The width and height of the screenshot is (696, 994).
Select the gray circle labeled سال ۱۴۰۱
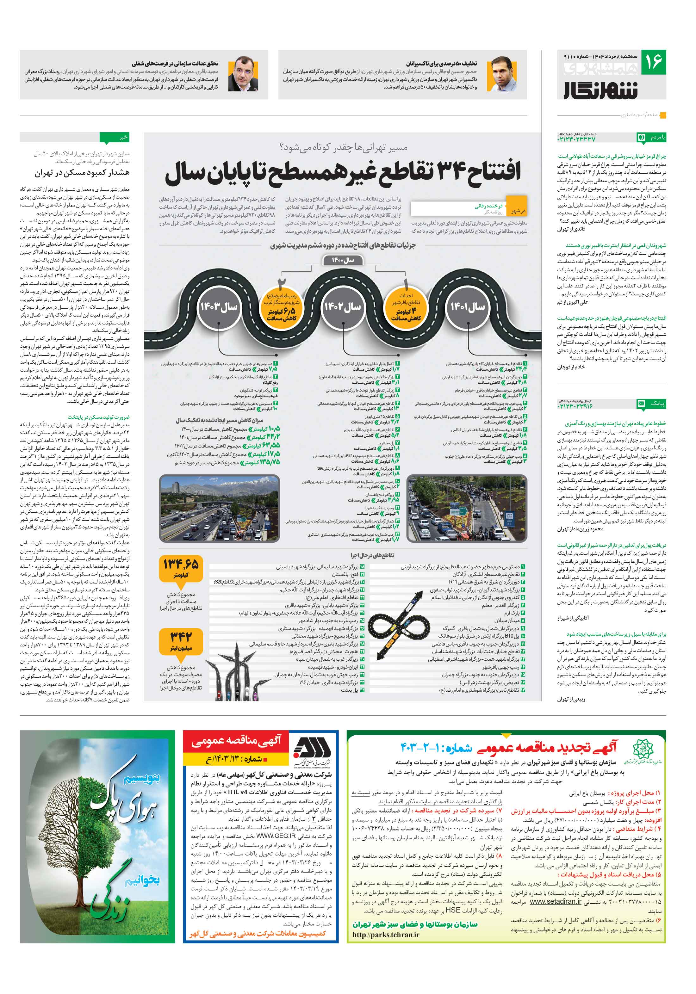tap(468, 307)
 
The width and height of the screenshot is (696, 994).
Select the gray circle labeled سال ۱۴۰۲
tap(343, 307)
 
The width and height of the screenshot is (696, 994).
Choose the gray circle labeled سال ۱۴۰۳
tap(218, 307)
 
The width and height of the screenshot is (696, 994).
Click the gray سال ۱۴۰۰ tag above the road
tap(343, 260)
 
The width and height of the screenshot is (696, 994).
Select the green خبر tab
tap(114, 138)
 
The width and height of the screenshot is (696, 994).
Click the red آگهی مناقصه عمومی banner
tap(236, 742)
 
